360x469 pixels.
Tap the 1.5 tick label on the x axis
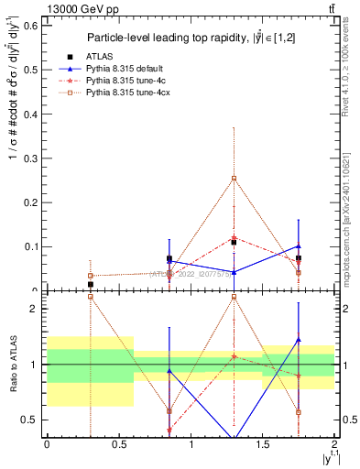click(262, 443)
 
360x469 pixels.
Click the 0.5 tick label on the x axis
click(118, 443)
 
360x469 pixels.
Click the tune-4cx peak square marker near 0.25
click(235, 179)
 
